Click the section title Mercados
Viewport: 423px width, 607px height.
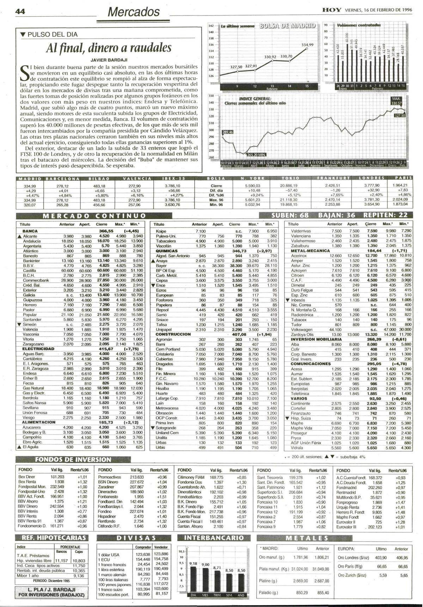[x=134, y=12]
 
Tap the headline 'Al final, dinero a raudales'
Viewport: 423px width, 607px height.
[x=109, y=48]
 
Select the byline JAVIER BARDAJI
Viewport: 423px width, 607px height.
[x=109, y=60]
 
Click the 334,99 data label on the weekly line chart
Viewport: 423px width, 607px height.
[x=307, y=45]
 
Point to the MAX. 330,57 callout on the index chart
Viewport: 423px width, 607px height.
[x=396, y=101]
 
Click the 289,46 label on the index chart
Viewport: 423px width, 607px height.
[x=227, y=132]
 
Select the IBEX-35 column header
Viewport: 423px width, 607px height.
[x=172, y=178]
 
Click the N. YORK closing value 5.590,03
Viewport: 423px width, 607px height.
[x=253, y=185]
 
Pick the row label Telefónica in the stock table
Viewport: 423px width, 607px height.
[x=300, y=393]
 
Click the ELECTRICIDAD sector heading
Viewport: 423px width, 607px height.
[x=38, y=349]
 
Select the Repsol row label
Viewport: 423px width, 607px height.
[x=162, y=310]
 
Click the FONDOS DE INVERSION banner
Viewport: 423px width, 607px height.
[x=73, y=459]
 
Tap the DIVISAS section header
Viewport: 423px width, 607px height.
[x=136, y=538]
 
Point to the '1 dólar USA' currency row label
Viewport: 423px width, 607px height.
[x=109, y=554]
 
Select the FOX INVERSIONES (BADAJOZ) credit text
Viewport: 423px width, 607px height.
[x=51, y=595]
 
